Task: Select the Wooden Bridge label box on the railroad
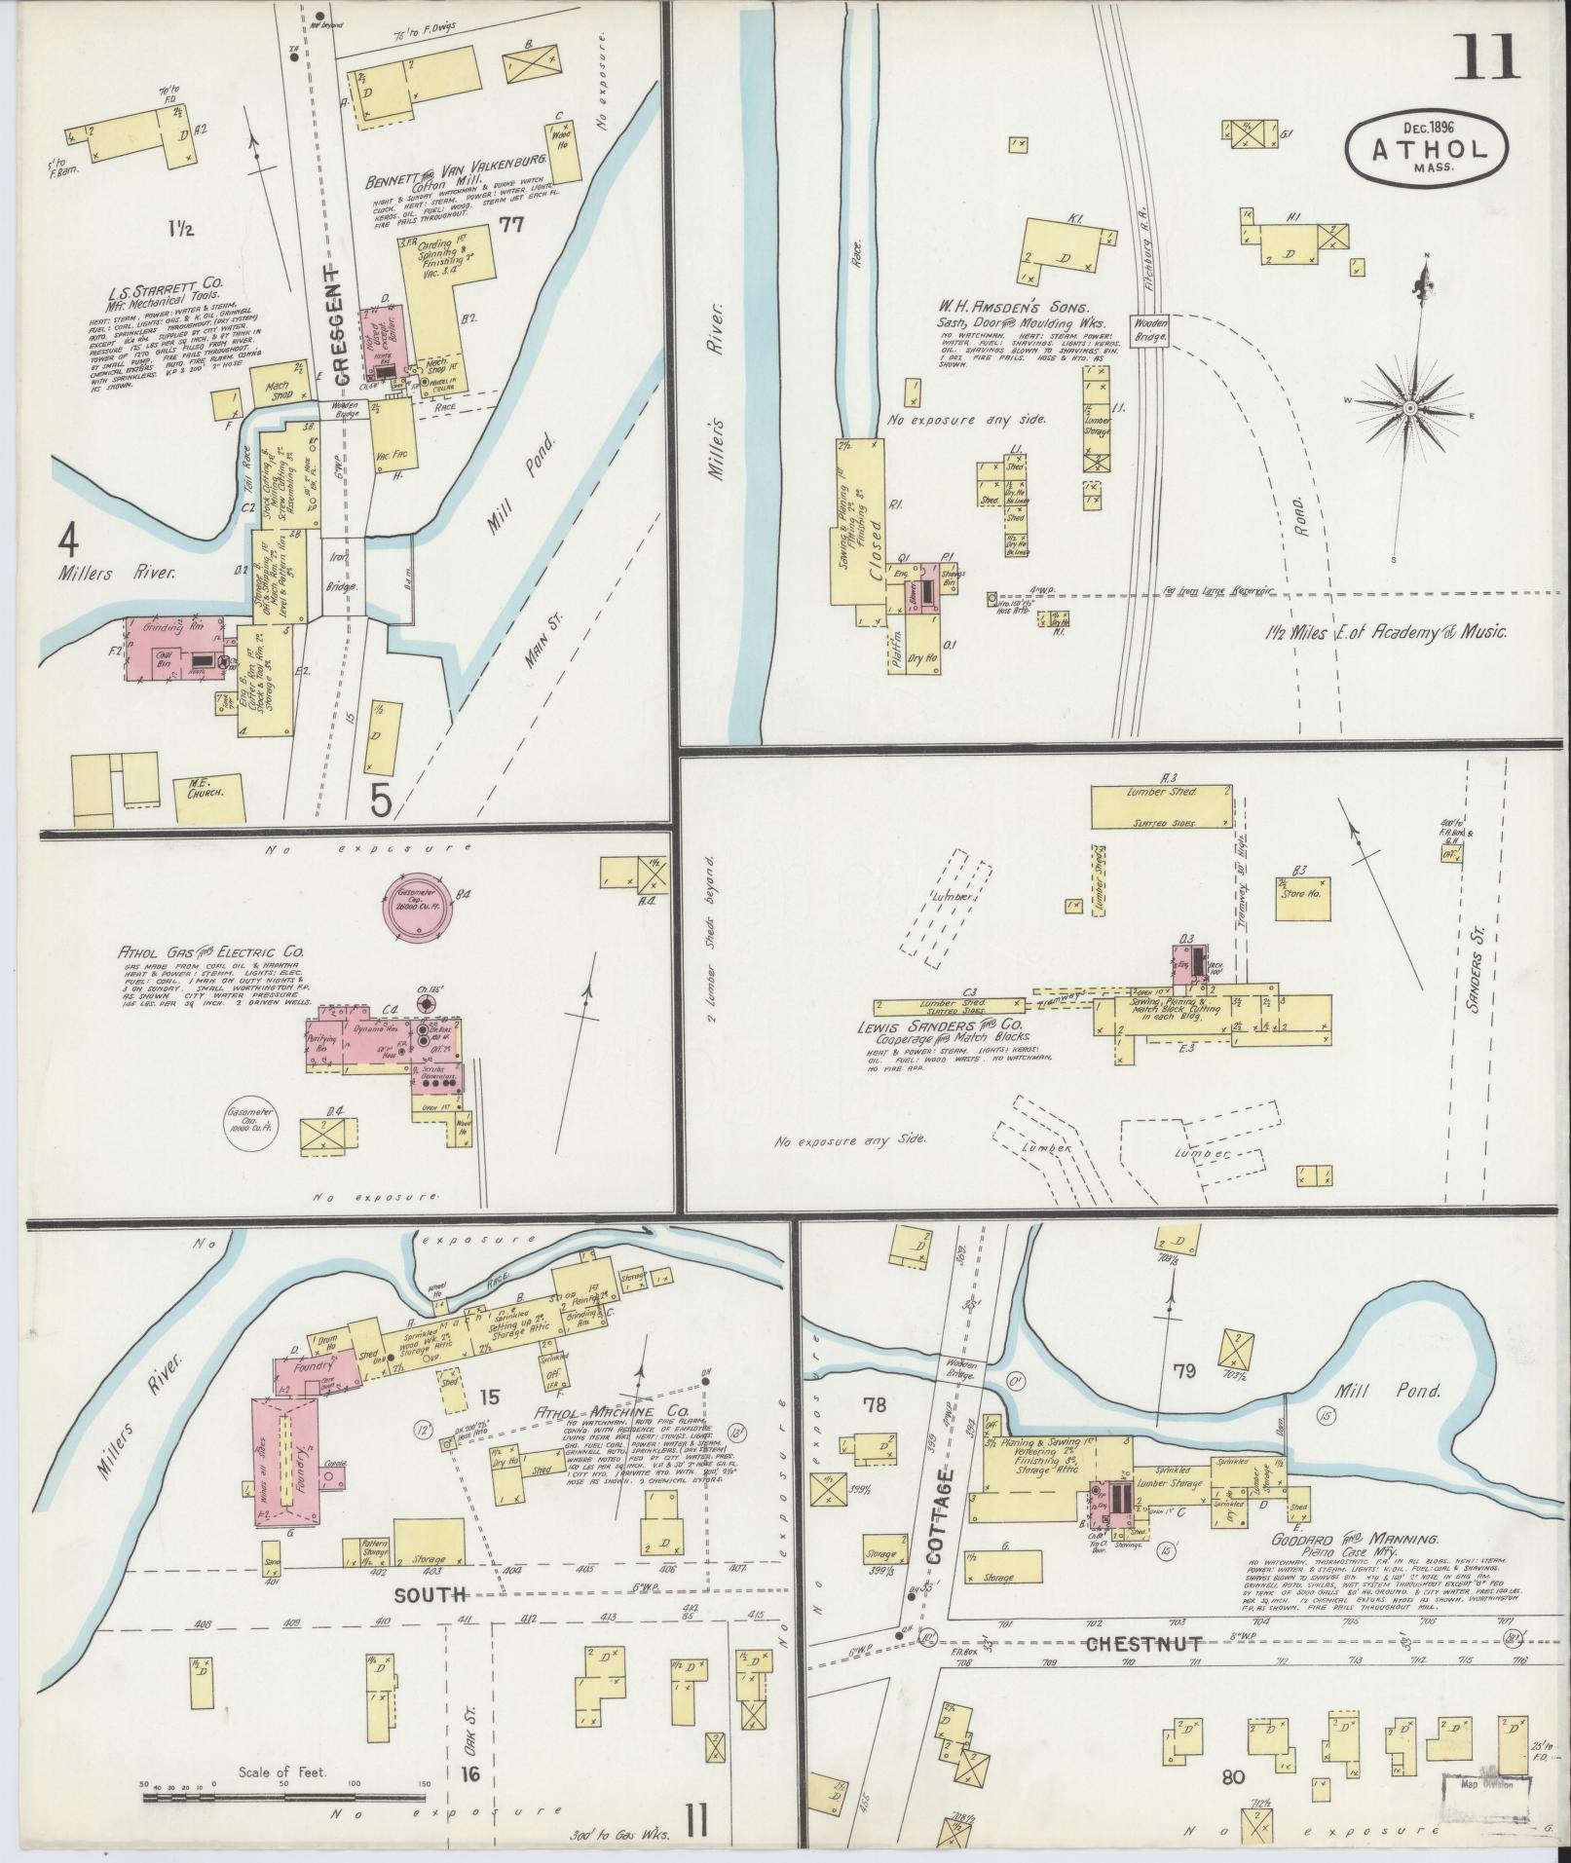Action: pos(1149,331)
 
